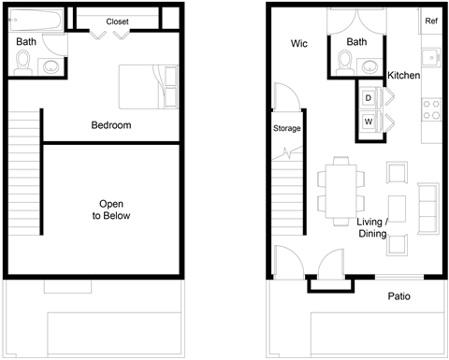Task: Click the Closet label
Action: pyautogui.click(x=118, y=22)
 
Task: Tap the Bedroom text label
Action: pyautogui.click(x=110, y=125)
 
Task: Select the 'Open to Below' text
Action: pyautogui.click(x=110, y=209)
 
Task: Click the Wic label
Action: pyautogui.click(x=299, y=43)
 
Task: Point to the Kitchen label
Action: pyautogui.click(x=404, y=76)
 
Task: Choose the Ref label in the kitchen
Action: pyautogui.click(x=431, y=21)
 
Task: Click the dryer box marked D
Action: pyautogui.click(x=369, y=98)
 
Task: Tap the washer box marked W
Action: pyautogui.click(x=369, y=122)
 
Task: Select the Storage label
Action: pyautogui.click(x=287, y=128)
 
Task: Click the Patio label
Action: pyautogui.click(x=399, y=296)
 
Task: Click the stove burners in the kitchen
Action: pyautogui.click(x=431, y=109)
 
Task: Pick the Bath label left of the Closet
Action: pyautogui.click(x=26, y=42)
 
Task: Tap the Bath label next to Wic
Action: pyautogui.click(x=357, y=42)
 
